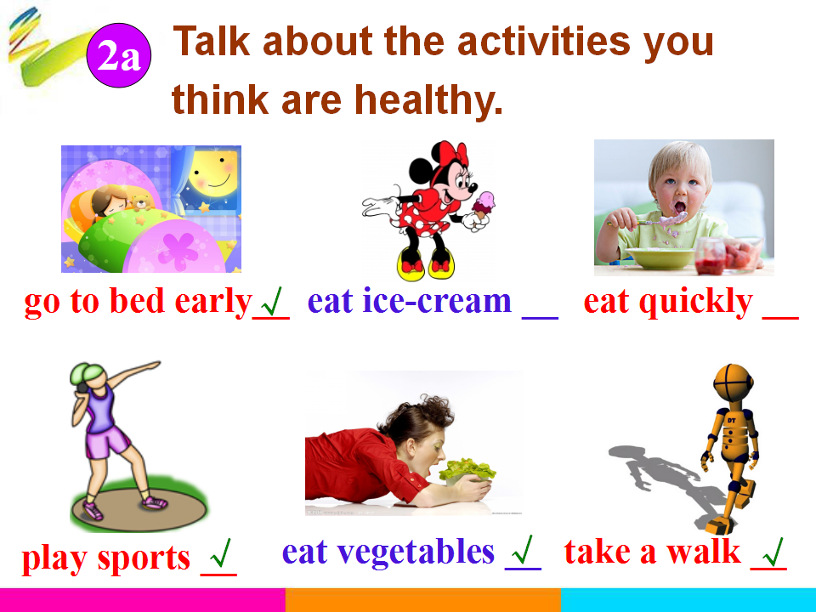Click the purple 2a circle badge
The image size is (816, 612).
click(x=119, y=55)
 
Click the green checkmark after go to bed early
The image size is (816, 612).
click(x=272, y=301)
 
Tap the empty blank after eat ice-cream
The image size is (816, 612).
click(x=540, y=316)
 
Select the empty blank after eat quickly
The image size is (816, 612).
click(x=780, y=316)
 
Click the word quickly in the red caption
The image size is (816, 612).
click(x=696, y=303)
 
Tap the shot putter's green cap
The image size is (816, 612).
click(x=88, y=372)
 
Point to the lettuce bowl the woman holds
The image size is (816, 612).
click(x=466, y=472)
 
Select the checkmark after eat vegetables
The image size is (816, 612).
click(x=523, y=550)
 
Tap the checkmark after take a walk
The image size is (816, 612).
click(x=773, y=552)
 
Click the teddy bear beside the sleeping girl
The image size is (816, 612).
click(x=141, y=202)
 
